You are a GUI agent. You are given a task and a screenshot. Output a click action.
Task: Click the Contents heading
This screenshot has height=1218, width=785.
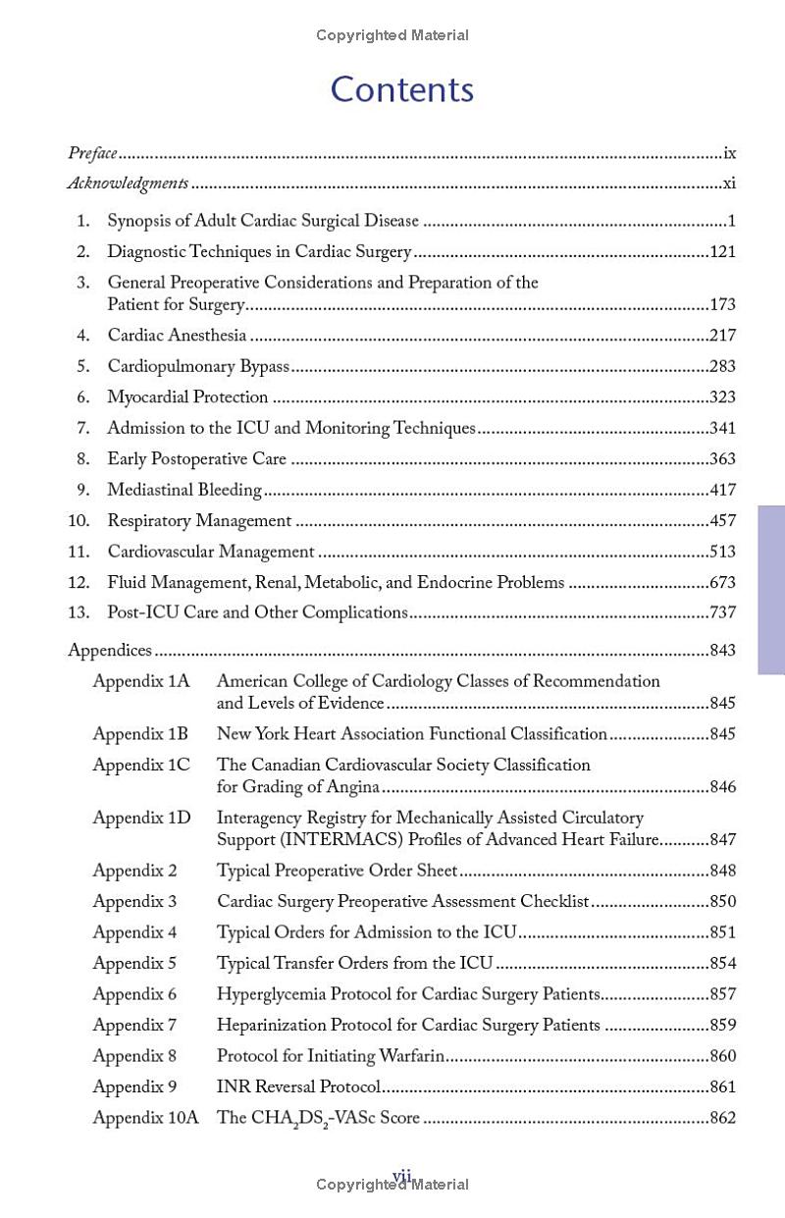point(402,89)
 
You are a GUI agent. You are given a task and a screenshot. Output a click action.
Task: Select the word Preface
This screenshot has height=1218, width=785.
point(92,153)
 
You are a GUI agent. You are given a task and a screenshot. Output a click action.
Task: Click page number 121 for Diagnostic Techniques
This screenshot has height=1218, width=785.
point(722,252)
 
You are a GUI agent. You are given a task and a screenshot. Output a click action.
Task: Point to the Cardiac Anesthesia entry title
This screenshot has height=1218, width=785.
point(177,336)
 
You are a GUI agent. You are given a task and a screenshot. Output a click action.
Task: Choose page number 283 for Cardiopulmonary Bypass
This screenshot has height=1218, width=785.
point(722,367)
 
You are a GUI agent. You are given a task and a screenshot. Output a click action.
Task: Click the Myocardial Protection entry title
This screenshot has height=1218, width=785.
point(187,397)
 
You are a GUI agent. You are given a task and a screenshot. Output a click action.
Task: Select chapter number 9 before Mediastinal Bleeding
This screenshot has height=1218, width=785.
point(83,490)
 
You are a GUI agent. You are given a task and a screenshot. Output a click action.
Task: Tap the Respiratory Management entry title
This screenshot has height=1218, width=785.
point(199,521)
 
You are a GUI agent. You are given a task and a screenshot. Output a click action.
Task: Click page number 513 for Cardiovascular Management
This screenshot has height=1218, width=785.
point(722,552)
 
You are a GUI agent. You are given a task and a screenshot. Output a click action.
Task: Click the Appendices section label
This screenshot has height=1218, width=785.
point(110,651)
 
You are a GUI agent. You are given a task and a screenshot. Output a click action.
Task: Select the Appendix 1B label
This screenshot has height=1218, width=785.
point(140,734)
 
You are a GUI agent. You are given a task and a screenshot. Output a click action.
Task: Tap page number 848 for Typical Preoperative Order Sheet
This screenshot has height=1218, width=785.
point(722,871)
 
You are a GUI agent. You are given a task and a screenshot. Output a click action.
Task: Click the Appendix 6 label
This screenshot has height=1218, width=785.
point(134,994)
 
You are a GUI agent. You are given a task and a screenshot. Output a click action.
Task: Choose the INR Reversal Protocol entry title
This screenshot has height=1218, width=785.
point(298,1087)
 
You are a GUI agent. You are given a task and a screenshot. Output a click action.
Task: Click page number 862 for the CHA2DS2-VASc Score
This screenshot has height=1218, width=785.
point(722,1118)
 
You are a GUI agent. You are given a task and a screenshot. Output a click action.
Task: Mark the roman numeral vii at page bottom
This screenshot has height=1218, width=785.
point(401,1175)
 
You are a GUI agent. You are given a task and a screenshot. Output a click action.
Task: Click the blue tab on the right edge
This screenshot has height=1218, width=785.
point(771,590)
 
